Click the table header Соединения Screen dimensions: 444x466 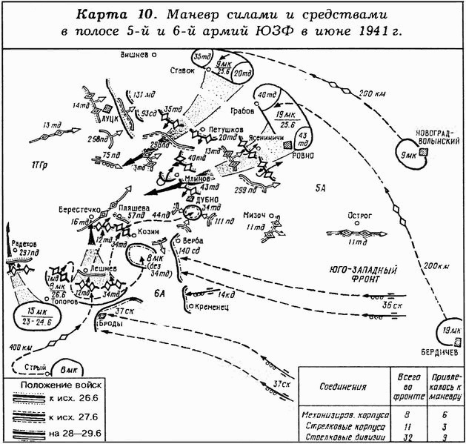pos(344,386)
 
